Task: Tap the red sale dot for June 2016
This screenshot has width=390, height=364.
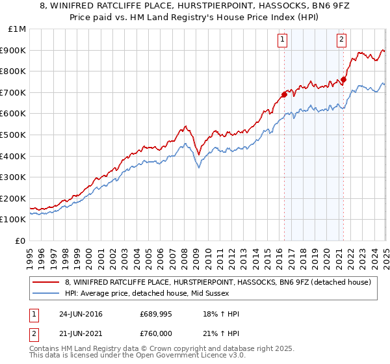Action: coord(284,95)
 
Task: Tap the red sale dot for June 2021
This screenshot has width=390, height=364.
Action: coord(343,80)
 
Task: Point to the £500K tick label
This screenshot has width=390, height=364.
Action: coord(13,135)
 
